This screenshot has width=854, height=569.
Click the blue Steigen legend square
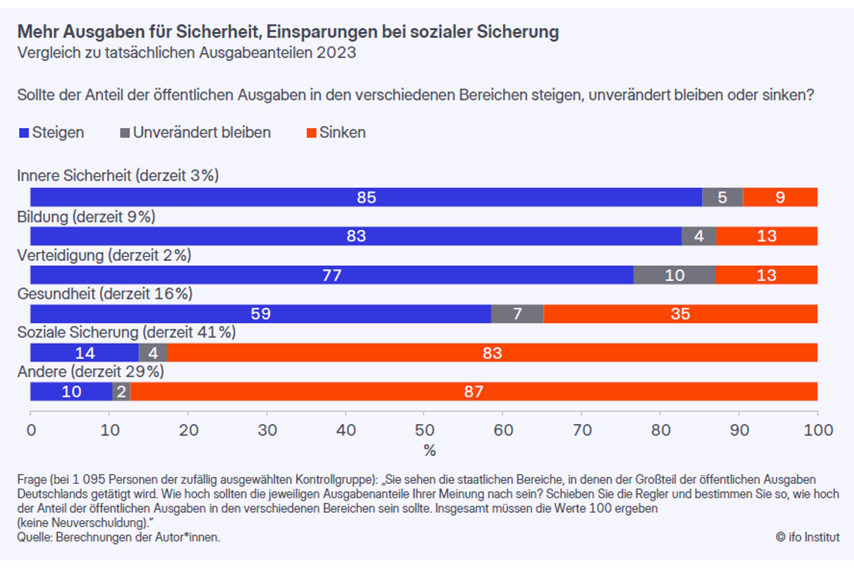(x=24, y=133)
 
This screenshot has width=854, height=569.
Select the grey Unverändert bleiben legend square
(x=125, y=133)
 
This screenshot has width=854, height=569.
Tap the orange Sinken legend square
(x=311, y=133)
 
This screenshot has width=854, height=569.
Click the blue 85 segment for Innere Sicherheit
(x=366, y=197)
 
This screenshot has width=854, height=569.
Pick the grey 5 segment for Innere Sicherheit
(x=722, y=197)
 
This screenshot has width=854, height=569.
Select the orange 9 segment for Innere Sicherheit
(x=780, y=197)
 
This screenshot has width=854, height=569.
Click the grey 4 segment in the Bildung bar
(x=698, y=236)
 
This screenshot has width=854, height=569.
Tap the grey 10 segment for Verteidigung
(x=674, y=275)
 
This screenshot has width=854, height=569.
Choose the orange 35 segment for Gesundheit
(x=680, y=314)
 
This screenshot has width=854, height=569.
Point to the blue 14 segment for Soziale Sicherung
(x=84, y=353)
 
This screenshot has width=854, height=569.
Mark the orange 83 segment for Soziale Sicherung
(x=492, y=353)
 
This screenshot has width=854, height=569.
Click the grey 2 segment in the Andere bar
(x=121, y=392)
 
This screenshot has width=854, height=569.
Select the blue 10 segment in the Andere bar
(x=71, y=392)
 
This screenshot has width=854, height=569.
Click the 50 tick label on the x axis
(x=424, y=431)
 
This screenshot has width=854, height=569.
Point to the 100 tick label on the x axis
(x=818, y=431)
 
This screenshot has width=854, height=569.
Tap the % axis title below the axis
(x=429, y=451)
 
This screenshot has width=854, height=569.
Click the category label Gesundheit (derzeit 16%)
(x=105, y=294)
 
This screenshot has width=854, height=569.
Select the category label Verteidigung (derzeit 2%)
(x=104, y=255)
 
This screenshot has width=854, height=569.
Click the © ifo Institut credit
(x=807, y=538)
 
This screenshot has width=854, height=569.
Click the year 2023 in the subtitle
(x=336, y=53)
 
